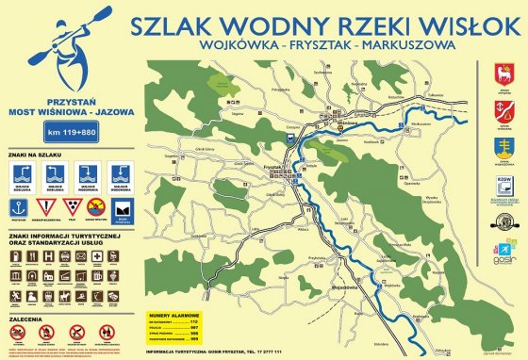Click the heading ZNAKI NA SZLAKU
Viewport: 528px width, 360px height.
click(x=34, y=154)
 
